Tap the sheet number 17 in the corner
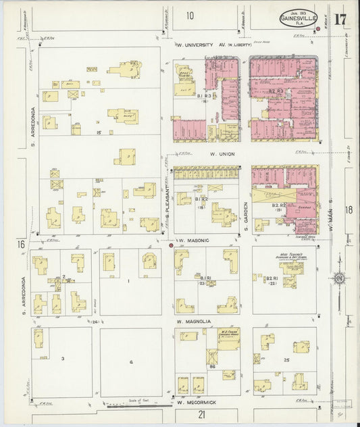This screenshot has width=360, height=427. point(340,18)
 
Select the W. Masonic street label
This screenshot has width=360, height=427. point(193,241)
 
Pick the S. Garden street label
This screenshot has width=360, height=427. point(247,216)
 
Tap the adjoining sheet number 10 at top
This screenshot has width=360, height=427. point(190,16)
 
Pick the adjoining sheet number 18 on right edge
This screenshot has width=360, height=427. point(349,210)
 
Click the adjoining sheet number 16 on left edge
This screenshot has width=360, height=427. point(22,243)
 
